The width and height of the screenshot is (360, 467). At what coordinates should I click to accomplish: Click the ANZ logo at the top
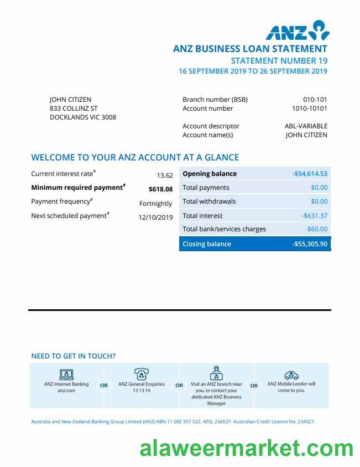pos(297,31)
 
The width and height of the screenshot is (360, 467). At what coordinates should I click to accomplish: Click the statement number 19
pos(279,61)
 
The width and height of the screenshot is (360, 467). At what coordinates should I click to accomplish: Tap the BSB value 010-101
pos(315,100)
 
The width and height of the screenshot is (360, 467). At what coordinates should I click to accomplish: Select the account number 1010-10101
pos(309,108)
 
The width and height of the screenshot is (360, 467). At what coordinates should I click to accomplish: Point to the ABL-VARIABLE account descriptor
pos(306,126)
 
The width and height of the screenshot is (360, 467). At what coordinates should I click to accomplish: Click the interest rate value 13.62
pos(165,175)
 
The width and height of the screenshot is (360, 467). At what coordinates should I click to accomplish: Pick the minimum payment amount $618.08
pos(160,189)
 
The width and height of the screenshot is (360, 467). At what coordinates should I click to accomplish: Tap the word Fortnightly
pos(156,204)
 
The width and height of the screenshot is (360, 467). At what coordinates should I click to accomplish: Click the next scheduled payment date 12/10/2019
pos(155,217)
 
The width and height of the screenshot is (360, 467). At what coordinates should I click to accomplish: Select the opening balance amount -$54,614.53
pos(310,174)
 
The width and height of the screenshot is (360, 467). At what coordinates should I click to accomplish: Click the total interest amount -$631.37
pos(315,216)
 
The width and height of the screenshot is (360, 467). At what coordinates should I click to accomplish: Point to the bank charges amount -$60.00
pos(316,229)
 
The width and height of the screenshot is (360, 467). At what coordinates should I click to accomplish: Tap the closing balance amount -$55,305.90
pos(310,244)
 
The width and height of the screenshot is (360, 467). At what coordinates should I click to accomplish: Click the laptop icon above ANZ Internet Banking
pos(66,373)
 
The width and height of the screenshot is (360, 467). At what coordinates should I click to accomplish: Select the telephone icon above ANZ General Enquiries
pos(142,373)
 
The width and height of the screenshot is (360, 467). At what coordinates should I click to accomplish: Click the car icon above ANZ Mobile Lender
pos(291,375)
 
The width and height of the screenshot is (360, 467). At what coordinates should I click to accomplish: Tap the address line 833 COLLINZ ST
pos(74,108)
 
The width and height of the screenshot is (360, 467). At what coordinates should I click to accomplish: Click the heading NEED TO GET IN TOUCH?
pos(74,356)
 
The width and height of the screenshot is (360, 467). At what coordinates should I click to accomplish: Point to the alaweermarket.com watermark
pos(246,448)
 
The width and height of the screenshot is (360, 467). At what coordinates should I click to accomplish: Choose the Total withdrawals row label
pos(209,201)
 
